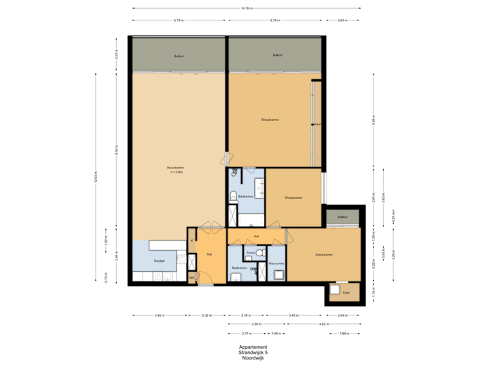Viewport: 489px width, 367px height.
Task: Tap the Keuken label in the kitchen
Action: click(x=160, y=261)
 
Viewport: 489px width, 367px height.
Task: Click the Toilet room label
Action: click(x=250, y=252)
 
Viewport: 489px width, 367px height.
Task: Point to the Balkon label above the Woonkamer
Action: click(x=179, y=56)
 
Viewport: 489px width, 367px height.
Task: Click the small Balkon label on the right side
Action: click(x=343, y=217)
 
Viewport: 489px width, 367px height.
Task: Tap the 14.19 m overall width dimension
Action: click(x=246, y=8)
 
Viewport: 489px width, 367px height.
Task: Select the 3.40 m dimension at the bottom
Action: click(x=159, y=315)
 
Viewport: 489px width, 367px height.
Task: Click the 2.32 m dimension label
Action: click(x=206, y=315)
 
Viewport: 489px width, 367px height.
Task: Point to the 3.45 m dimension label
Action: click(x=293, y=315)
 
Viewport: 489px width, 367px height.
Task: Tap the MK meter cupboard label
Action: click(x=192, y=277)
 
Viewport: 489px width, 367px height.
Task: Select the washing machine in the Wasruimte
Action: click(x=279, y=275)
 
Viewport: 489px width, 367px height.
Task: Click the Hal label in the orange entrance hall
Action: click(x=209, y=254)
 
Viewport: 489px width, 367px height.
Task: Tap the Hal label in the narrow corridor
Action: click(x=256, y=237)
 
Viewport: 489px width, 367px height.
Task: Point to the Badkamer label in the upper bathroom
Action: click(x=246, y=196)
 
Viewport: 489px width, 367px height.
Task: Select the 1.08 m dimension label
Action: click(x=276, y=333)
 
